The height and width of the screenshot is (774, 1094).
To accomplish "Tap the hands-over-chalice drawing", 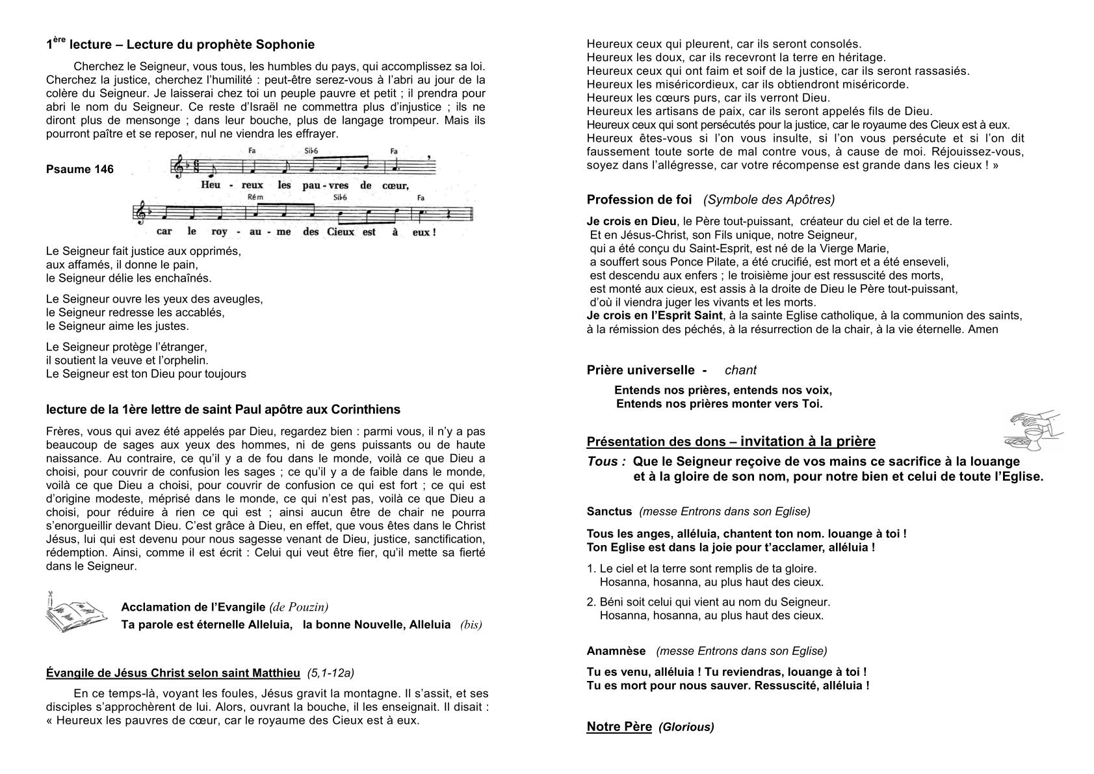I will pos(1033,430).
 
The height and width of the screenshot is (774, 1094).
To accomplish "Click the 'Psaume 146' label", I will pos(80,170).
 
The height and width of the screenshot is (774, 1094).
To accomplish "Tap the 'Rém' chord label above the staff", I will pos(255,197).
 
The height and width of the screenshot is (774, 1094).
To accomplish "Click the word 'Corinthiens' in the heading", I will pos(365,410).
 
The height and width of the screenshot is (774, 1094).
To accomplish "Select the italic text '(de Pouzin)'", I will pos(298,607).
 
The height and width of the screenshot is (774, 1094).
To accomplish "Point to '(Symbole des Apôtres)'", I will pos(769,200).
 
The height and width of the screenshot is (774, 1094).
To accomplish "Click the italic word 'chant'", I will pos(740,370).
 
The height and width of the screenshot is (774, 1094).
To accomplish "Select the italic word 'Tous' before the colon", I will pos(602,461).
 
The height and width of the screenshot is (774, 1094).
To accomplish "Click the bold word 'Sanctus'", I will pos(609,511).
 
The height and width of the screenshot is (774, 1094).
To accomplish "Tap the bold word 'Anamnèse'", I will pos(616,651).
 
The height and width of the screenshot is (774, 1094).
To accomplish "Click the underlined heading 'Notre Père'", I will pos(619,727).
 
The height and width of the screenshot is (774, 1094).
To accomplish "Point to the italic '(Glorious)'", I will pos(686,727).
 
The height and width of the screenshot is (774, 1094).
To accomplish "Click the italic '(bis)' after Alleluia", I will pos(471,625).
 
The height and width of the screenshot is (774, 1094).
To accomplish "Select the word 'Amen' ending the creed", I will pos(983,329).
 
